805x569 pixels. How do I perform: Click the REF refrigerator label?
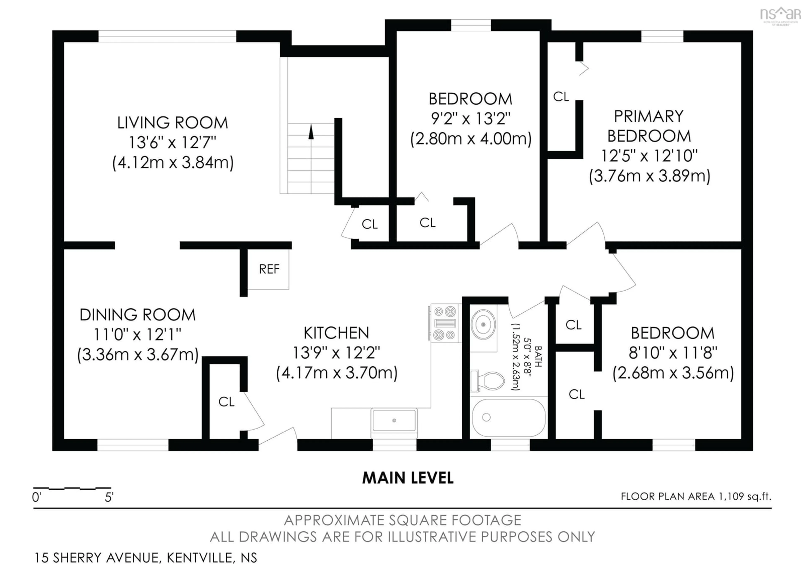pos(269,269)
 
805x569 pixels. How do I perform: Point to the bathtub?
pos(508,418)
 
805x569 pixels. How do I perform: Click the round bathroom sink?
pos(483,325)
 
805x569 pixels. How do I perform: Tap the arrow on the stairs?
pos(311,132)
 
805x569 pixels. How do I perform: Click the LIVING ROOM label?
pos(173,123)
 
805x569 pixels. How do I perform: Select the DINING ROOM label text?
pos(138,315)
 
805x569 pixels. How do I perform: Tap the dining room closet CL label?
pos(226,402)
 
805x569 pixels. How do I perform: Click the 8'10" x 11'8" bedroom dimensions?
pos(673,352)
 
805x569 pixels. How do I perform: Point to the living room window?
pos(167,36)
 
